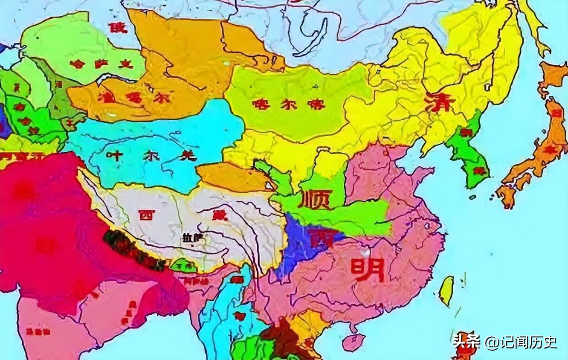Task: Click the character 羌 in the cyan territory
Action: (188, 156)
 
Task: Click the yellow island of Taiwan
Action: (446, 290)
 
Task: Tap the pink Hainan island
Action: (354, 341)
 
